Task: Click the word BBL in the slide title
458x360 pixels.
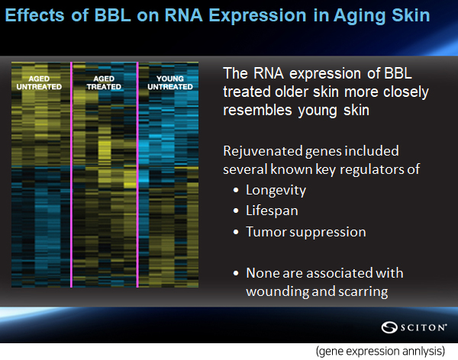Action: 112,15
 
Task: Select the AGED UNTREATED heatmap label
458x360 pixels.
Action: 39,82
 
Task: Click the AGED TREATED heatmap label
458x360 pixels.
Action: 104,82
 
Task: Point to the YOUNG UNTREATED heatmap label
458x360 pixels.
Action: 170,82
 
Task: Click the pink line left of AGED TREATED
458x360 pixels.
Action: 71,175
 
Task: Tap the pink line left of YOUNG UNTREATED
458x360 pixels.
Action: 137,175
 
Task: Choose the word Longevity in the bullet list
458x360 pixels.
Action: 276,191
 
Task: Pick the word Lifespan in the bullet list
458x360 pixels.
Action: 272,211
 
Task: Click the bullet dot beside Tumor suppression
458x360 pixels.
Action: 236,232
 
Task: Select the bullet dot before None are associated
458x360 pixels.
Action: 236,274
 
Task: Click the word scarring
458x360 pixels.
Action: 363,292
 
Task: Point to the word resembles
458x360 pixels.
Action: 257,110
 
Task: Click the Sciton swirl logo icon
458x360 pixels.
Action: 389,327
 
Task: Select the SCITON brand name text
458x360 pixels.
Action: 424,328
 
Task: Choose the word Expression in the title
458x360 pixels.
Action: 258,16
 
